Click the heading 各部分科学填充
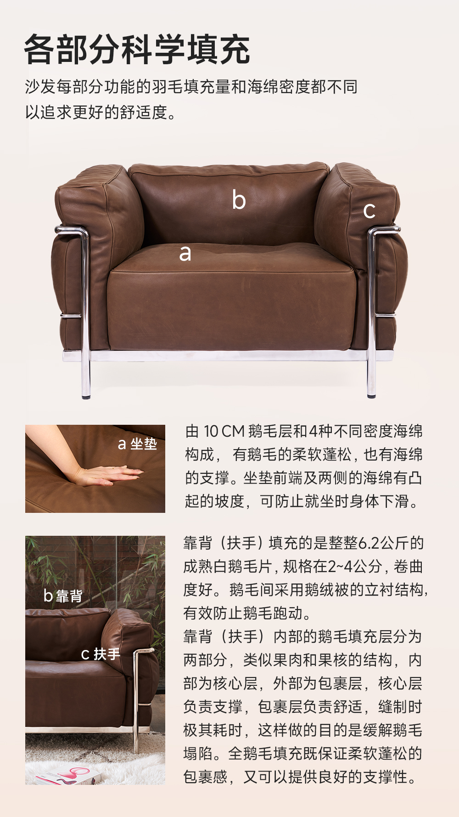click(x=137, y=49)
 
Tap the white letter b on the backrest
click(x=239, y=200)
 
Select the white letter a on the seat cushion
click(x=185, y=253)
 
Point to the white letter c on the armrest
click(x=369, y=211)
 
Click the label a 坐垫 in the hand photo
click(x=137, y=444)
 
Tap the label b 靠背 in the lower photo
click(x=63, y=595)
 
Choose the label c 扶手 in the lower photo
click(x=101, y=654)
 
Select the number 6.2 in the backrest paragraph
click(x=369, y=543)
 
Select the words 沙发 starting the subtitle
click(x=40, y=87)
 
